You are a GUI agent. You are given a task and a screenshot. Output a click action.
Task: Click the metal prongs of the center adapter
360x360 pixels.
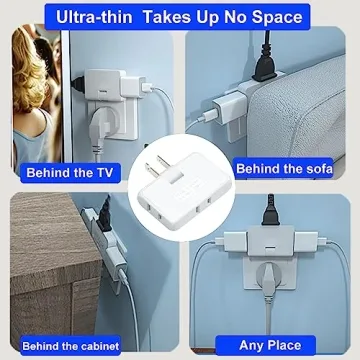(155, 168)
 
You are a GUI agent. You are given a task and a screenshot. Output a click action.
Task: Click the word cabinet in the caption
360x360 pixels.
(95, 346)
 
